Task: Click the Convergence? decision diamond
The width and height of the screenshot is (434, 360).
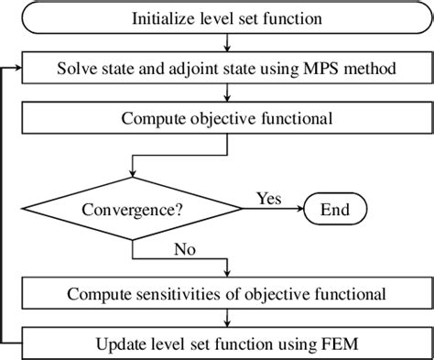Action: [x=134, y=209]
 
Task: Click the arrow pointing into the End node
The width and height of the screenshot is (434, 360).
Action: [x=300, y=209]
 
